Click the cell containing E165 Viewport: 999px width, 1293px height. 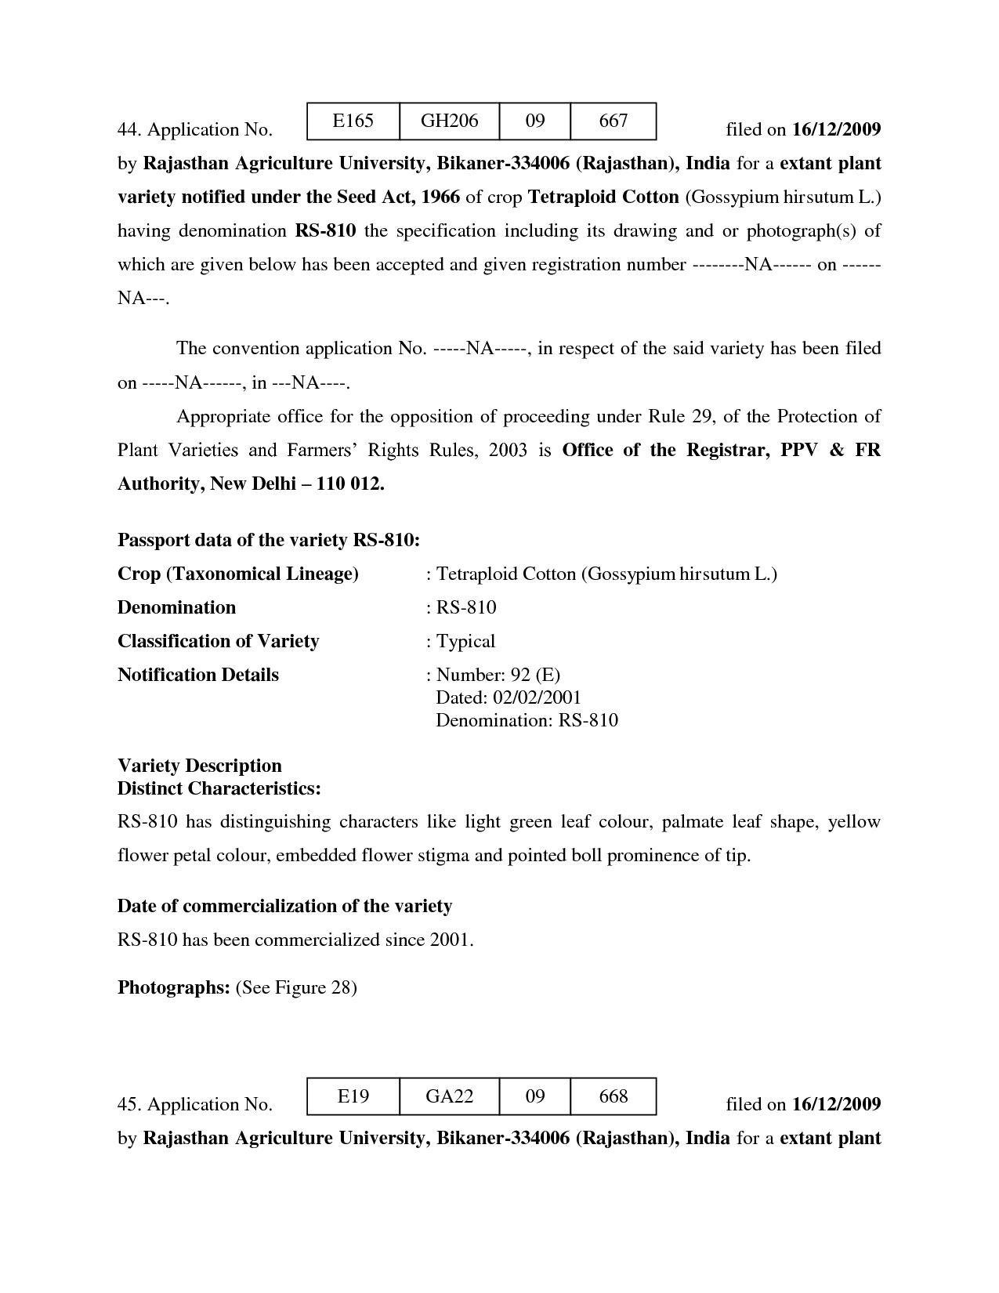click(x=353, y=121)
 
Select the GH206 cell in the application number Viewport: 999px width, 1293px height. click(x=449, y=121)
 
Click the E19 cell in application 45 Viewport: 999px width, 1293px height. click(x=353, y=1096)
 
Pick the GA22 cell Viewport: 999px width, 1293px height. click(x=449, y=1096)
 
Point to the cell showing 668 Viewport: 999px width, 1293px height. click(x=613, y=1096)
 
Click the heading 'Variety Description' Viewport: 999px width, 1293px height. click(x=199, y=766)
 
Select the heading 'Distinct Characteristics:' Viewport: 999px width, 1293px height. click(x=219, y=788)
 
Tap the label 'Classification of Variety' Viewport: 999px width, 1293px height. click(x=218, y=641)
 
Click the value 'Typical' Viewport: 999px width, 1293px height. click(x=465, y=641)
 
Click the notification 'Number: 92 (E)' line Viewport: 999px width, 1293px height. click(x=498, y=675)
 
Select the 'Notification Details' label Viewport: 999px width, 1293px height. click(x=197, y=675)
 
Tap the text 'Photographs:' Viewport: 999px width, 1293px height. click(x=173, y=987)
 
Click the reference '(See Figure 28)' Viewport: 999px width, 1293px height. click(x=296, y=987)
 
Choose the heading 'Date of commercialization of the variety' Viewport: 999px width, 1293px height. click(x=284, y=906)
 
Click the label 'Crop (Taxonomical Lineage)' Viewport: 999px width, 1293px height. click(x=237, y=574)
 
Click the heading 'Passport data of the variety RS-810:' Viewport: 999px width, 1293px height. click(x=268, y=540)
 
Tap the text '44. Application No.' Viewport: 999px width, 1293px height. click(x=194, y=129)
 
